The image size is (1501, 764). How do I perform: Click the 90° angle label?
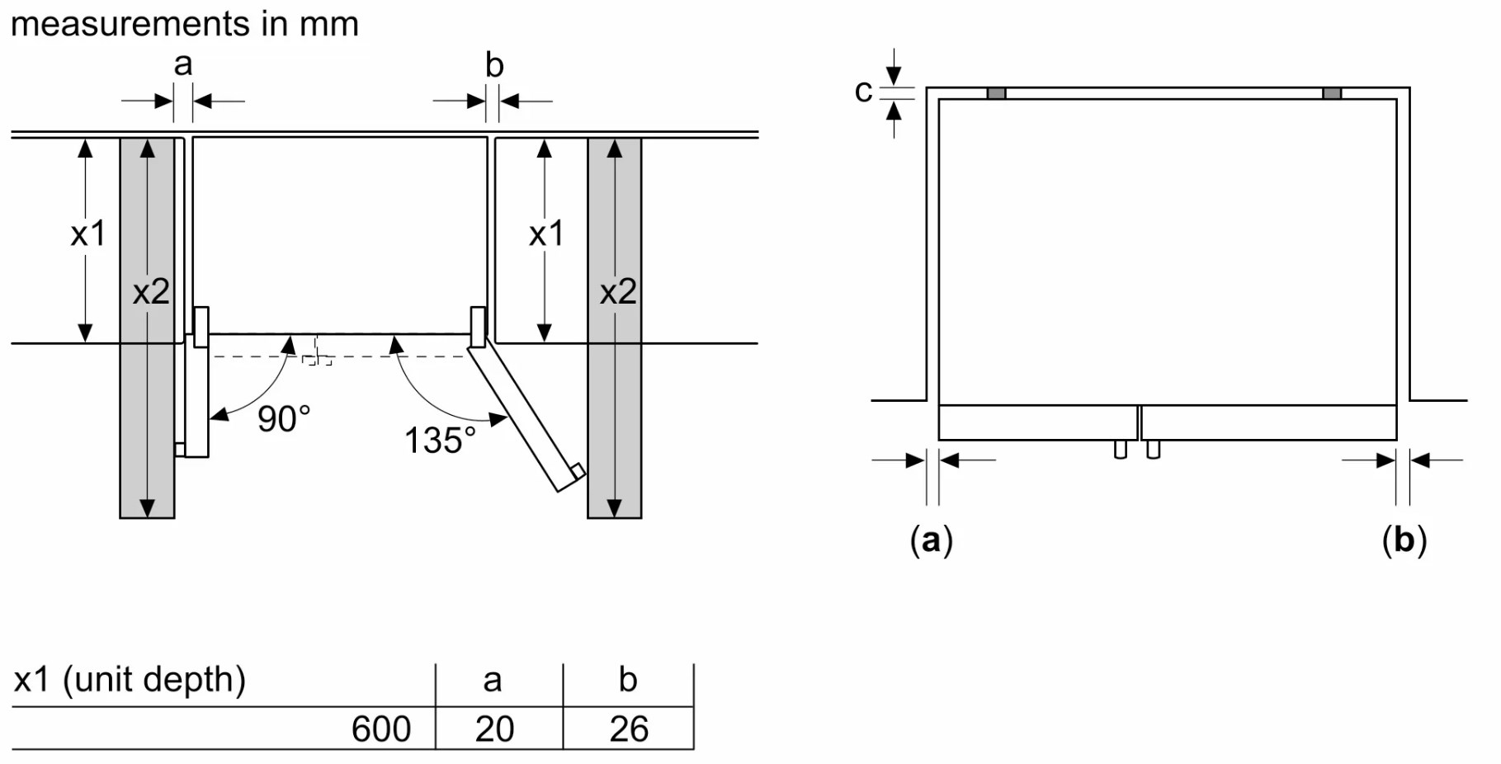tap(284, 419)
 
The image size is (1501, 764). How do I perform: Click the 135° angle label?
tap(440, 441)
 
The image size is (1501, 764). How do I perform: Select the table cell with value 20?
tap(495, 729)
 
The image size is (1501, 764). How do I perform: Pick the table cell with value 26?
tap(629, 729)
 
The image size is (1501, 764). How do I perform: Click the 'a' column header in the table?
tap(493, 681)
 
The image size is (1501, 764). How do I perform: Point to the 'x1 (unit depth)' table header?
tap(130, 680)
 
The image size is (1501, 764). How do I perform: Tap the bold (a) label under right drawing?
tap(932, 540)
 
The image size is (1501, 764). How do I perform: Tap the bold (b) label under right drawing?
tap(1404, 540)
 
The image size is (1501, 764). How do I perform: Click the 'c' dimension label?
tap(863, 92)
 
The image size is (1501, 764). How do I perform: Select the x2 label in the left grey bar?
tap(151, 292)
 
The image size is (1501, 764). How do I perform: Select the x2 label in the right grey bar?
tap(618, 292)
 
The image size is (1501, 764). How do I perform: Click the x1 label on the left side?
tap(88, 234)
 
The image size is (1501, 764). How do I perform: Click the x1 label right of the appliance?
tap(546, 234)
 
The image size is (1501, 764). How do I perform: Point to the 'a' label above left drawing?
tap(183, 64)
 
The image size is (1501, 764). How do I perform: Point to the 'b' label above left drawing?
tap(494, 64)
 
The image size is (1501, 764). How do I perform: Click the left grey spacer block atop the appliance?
tap(997, 93)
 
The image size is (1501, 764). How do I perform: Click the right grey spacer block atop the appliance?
tap(1332, 93)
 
